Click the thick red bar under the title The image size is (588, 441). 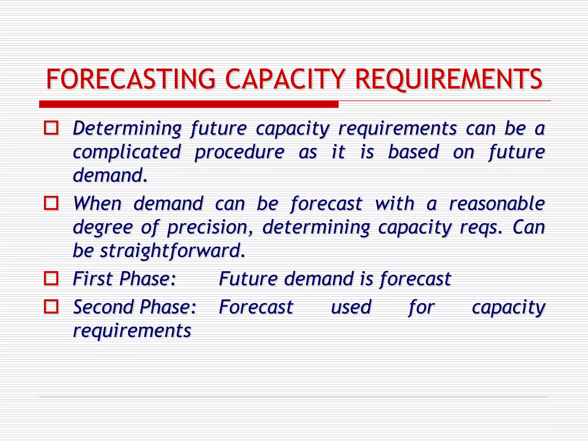coord(189,104)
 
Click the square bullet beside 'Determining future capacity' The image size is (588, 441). coord(51,128)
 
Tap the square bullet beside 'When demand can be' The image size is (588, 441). coord(51,203)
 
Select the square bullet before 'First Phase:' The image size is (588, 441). coord(51,278)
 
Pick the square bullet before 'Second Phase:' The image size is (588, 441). coord(51,307)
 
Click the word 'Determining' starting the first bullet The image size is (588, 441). coord(127,128)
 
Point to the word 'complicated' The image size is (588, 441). coord(127,152)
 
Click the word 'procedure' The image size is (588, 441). coord(239,152)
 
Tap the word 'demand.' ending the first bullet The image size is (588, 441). coord(110,175)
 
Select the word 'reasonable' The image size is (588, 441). coord(497,204)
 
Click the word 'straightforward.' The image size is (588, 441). coord(173,251)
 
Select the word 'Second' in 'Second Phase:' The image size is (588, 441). coord(103,307)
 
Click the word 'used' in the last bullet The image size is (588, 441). coord(351,307)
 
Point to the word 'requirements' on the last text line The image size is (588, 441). coord(132,331)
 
